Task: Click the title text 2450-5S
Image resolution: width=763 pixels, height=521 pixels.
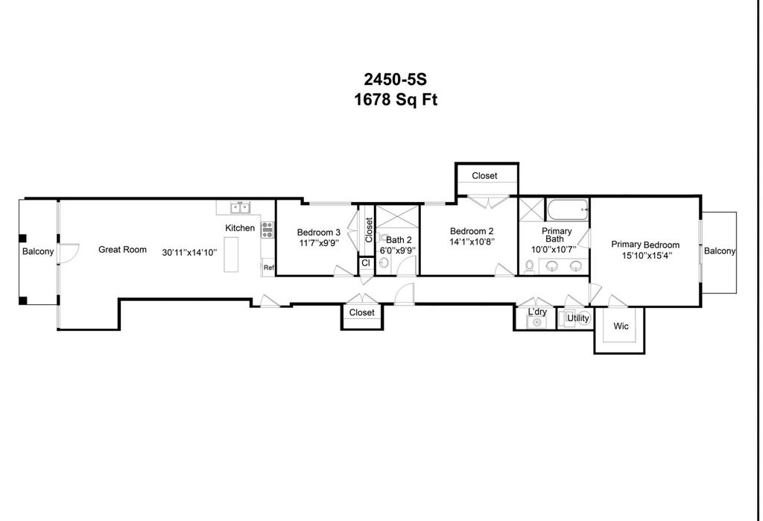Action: [395, 79]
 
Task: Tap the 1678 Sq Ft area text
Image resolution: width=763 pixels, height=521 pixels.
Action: [395, 100]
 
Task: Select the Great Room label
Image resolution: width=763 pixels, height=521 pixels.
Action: [122, 249]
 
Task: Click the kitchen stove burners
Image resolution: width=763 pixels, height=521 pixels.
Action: [267, 230]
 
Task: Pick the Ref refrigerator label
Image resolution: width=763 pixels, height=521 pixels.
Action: [268, 268]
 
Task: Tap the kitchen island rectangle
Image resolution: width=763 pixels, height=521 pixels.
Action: [231, 254]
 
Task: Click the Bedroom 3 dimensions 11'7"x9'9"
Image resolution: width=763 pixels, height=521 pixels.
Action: [319, 242]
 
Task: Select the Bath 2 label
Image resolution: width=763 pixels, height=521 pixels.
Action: [399, 239]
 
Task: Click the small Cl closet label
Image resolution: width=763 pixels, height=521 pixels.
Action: [365, 263]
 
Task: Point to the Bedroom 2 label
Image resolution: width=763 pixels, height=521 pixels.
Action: [472, 231]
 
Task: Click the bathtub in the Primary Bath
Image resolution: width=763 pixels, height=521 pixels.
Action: [568, 210]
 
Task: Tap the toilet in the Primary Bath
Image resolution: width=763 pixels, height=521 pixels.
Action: [529, 266]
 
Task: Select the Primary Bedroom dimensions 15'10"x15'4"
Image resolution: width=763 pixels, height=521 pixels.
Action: [647, 255]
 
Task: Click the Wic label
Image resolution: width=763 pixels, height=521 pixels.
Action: [621, 326]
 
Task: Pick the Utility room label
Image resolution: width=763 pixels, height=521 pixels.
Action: [578, 318]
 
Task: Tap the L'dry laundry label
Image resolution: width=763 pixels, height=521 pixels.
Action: [537, 312]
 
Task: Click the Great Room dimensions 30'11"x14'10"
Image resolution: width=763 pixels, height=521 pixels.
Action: [189, 253]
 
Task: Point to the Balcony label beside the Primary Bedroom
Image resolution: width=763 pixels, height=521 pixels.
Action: [720, 250]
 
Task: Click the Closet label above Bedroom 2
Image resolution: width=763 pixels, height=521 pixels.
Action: [484, 176]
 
